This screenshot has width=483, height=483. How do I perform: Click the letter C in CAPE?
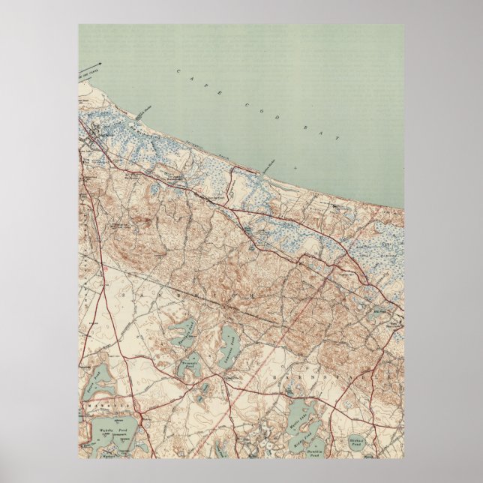[180, 71]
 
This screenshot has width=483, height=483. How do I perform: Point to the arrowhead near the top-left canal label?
[99, 64]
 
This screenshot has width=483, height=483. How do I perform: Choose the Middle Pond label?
[303, 437]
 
